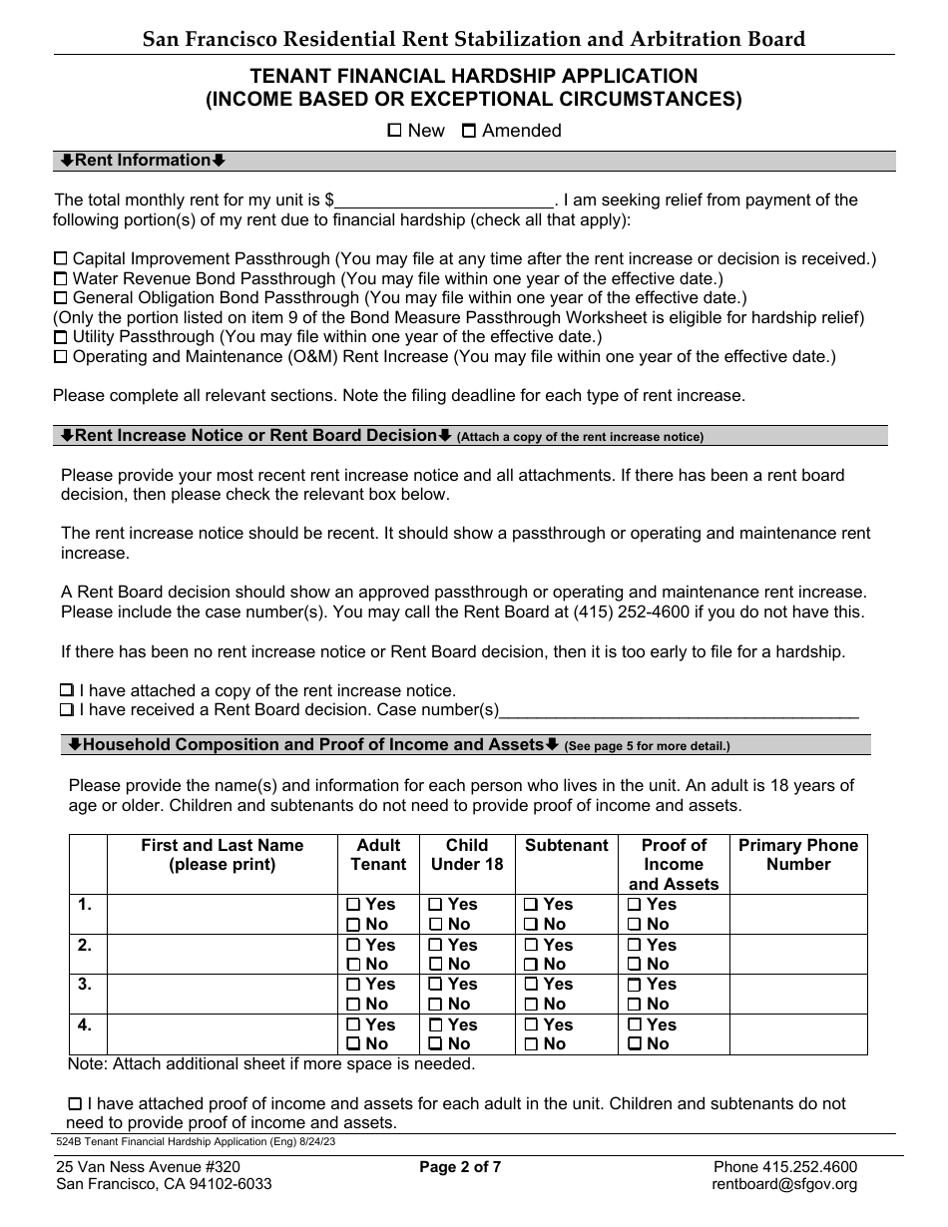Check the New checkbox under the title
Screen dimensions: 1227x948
[394, 130]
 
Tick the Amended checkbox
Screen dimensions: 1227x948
[469, 130]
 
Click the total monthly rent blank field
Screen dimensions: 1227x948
[444, 201]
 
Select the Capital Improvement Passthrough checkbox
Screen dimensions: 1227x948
[61, 258]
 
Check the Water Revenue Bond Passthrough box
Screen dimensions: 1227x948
[61, 278]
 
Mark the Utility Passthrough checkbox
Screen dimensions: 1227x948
[61, 337]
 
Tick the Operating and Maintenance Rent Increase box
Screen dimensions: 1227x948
[61, 356]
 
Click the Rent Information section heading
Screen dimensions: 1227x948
[143, 161]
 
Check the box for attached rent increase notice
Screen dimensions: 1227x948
[67, 690]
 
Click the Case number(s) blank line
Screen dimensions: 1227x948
[679, 710]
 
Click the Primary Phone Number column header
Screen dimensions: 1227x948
[797, 855]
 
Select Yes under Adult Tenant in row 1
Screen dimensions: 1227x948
[353, 905]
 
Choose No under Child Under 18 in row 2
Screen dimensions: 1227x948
[436, 965]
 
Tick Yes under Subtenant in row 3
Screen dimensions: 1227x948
[532, 985]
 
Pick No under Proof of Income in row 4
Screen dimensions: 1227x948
[635, 1044]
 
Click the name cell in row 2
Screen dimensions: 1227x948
[222, 955]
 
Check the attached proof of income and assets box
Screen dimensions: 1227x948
[75, 1104]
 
